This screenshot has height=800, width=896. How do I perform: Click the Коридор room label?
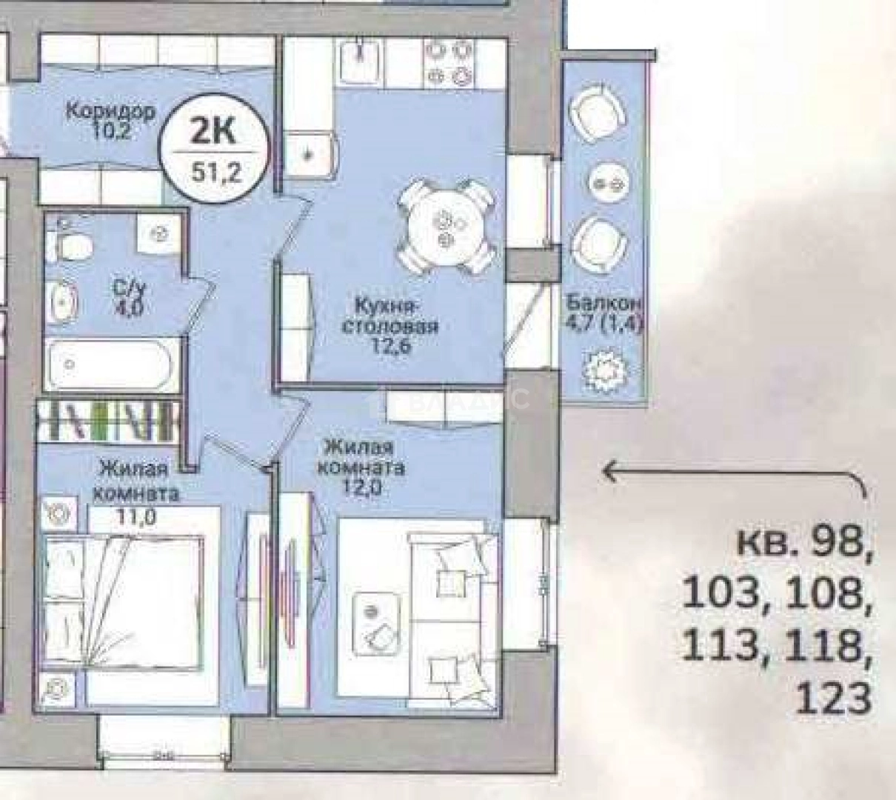(110, 112)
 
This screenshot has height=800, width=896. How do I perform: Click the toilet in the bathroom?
(67, 241)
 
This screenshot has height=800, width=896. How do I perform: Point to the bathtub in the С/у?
(110, 365)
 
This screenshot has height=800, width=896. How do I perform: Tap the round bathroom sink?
(65, 301)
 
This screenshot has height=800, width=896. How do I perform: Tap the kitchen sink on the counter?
(360, 57)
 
